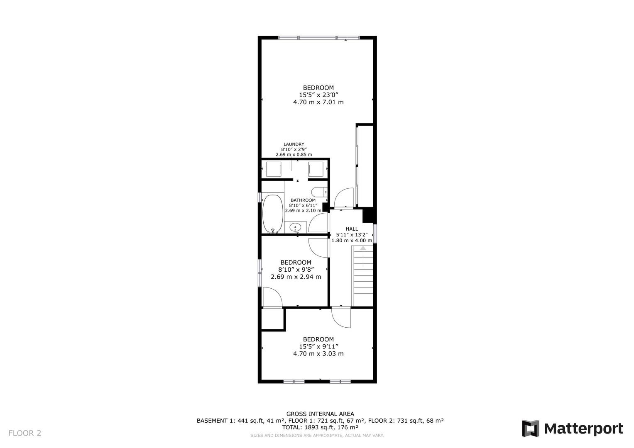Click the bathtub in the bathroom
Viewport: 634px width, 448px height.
(x=272, y=214)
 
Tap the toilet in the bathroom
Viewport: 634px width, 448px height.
(x=319, y=192)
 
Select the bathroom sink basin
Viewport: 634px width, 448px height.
(x=295, y=227)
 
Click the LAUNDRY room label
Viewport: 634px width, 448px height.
(x=294, y=144)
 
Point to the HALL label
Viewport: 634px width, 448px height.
(x=352, y=229)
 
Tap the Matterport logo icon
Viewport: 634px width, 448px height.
(x=530, y=429)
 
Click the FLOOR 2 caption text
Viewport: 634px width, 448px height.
(x=25, y=433)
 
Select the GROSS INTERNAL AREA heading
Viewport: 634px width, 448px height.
(x=320, y=414)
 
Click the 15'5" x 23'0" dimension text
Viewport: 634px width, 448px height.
(x=319, y=95)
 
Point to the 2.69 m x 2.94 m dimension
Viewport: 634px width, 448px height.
(x=296, y=277)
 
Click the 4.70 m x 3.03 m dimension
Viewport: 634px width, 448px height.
(x=318, y=353)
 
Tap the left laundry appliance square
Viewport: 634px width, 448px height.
(x=274, y=169)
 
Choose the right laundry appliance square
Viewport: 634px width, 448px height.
(x=316, y=169)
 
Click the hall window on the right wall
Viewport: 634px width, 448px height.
(x=375, y=234)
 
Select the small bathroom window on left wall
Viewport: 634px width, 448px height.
(x=259, y=197)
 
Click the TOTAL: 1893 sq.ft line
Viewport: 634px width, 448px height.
(x=320, y=427)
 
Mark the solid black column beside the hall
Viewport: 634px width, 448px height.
(x=369, y=215)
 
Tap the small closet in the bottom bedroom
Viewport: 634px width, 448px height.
(x=272, y=319)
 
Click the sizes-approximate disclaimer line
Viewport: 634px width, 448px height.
(x=317, y=436)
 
